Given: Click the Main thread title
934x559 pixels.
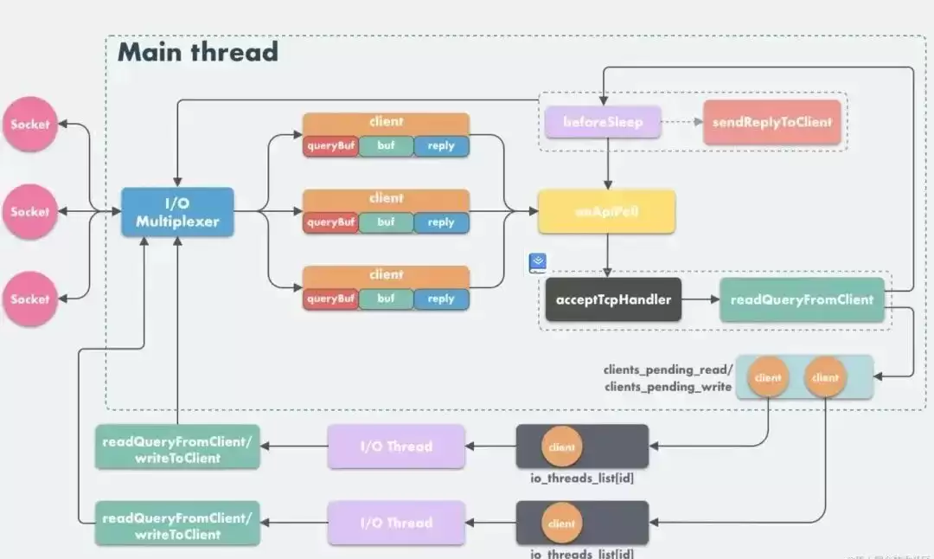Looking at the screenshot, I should (x=198, y=52).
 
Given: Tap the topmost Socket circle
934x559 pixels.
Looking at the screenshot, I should (x=30, y=125).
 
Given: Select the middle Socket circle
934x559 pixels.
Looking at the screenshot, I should (x=30, y=211).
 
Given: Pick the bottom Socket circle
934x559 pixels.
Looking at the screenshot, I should (x=30, y=299).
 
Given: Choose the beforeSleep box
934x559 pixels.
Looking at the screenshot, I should (x=603, y=122).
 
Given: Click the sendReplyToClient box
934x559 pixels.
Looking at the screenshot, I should (x=772, y=122).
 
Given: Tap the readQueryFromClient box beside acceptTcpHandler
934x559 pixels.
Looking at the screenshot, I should (x=802, y=299).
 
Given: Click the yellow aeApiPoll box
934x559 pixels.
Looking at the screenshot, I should (x=606, y=212).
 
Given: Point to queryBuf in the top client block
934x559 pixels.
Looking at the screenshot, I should (x=330, y=146).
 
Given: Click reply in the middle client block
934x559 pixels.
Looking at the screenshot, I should (x=441, y=222).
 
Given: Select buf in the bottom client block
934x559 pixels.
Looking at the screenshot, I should (x=386, y=299).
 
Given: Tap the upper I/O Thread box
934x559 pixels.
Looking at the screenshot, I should (x=396, y=447).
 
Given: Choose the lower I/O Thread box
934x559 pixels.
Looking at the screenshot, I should (x=396, y=523).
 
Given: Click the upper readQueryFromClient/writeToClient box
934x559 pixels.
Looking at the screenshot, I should (x=177, y=447).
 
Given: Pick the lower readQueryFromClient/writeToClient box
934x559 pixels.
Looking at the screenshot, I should (x=177, y=523).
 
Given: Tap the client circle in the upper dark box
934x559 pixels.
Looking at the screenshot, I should (x=561, y=447).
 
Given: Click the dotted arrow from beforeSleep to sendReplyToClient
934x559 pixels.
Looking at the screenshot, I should (x=682, y=122).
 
